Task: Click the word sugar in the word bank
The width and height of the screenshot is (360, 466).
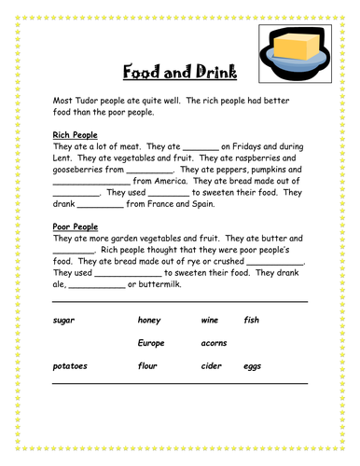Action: [63, 321]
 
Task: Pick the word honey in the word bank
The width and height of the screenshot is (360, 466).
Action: [149, 321]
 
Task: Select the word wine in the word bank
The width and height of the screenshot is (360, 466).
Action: [210, 321]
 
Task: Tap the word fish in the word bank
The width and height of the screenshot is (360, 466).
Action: [252, 321]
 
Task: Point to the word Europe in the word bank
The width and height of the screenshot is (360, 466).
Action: [151, 343]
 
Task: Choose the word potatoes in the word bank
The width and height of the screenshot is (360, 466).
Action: [70, 366]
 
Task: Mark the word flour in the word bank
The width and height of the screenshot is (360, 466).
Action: [148, 366]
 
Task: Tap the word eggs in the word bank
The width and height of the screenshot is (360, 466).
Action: [253, 366]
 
